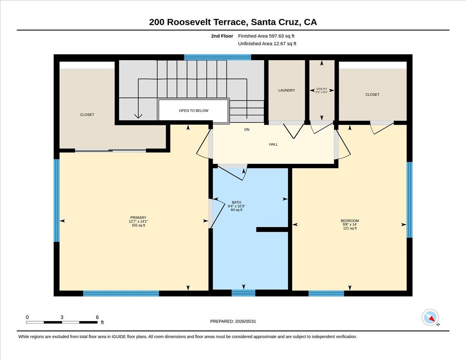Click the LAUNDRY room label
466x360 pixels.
click(x=287, y=90)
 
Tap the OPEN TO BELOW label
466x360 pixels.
click(x=193, y=111)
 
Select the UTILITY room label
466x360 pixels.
click(x=322, y=89)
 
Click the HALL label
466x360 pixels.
click(x=273, y=144)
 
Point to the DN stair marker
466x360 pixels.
click(x=247, y=129)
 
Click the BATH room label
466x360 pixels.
click(x=236, y=202)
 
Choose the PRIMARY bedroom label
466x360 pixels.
click(x=138, y=217)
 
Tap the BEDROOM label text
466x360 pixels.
click(x=350, y=221)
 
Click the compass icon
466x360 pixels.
click(x=430, y=318)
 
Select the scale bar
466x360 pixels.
click(x=62, y=322)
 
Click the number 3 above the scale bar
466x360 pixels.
click(x=62, y=317)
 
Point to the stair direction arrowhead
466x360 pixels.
click(x=138, y=116)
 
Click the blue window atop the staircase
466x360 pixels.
click(x=217, y=57)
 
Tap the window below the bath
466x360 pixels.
click(x=243, y=293)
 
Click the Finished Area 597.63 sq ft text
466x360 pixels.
click(x=266, y=36)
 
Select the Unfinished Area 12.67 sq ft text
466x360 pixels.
click(x=267, y=43)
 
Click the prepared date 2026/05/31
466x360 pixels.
click(x=245, y=322)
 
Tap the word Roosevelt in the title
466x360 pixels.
click(x=189, y=22)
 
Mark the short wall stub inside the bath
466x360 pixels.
click(x=272, y=230)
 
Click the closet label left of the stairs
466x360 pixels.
click(x=87, y=115)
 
